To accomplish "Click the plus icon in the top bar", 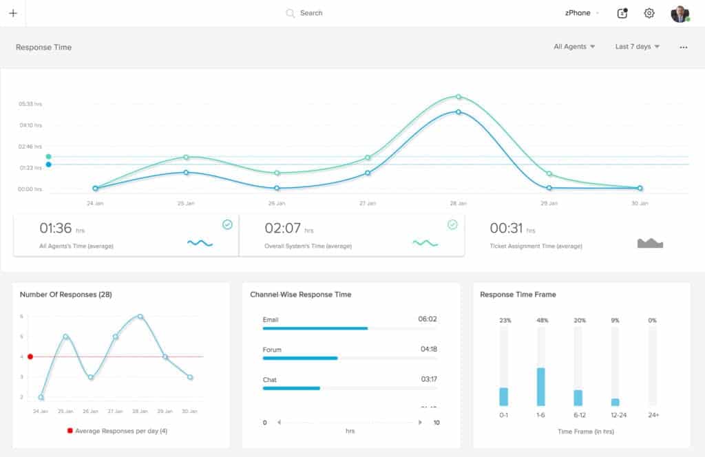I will pos(13,13).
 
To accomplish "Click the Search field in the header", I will pos(311,13).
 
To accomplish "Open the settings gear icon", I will pos(649,13).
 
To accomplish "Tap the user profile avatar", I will pos(680,14).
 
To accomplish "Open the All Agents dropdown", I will pos(574,47).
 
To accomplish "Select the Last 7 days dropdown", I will pos(638,47).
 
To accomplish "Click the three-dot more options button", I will pos(684,47).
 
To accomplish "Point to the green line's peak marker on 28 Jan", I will pos(459,97).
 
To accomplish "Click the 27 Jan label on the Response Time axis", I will pos(368,204).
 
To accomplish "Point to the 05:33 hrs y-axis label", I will pos(30,104).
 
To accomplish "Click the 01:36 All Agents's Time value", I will pos(56,228).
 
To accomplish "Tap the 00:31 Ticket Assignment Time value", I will pos(506,228).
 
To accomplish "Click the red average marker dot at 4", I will pos(30,357).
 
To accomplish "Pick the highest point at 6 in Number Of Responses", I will pos(140,317).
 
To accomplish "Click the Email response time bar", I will pos(315,328).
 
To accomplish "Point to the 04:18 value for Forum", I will pos(428,350).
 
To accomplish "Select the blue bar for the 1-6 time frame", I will pos(541,387).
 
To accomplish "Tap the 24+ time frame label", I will pos(653,415).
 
